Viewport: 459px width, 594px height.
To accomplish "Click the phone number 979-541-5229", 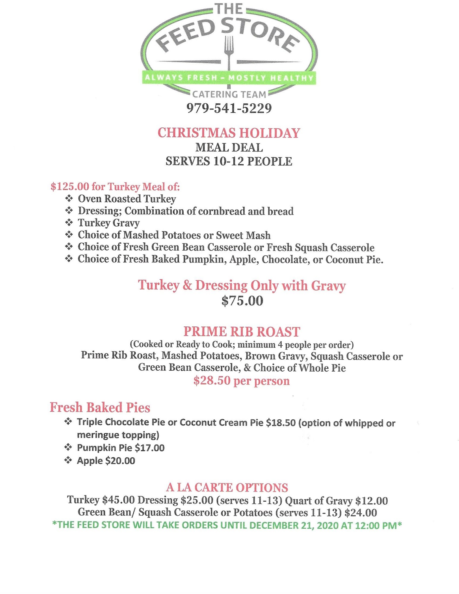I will coord(229,108).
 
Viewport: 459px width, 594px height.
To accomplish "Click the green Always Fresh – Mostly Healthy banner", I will coord(229,78).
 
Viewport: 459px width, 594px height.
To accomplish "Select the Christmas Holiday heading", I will coord(229,133).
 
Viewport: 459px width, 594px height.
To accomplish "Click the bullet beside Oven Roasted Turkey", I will coord(69,198).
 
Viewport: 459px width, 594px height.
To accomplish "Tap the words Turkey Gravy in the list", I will coord(108,223).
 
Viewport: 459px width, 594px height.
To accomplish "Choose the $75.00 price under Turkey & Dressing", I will coord(242,301).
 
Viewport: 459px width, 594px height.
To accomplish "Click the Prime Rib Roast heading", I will coord(242,332).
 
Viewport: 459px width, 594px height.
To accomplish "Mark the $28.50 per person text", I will coord(241,381).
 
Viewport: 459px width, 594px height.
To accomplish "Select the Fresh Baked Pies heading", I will coord(100,407).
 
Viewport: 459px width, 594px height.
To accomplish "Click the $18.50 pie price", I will coord(281,423).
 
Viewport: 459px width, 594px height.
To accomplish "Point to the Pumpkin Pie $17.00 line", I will coord(120,448).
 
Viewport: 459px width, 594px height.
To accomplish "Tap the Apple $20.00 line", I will coord(106,461).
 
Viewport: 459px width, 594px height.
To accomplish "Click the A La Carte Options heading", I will coord(227,487).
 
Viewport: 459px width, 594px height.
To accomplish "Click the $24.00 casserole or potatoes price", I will coord(361,513).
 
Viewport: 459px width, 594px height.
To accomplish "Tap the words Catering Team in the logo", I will coord(229,94).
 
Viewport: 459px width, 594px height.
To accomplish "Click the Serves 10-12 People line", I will coord(229,161).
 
